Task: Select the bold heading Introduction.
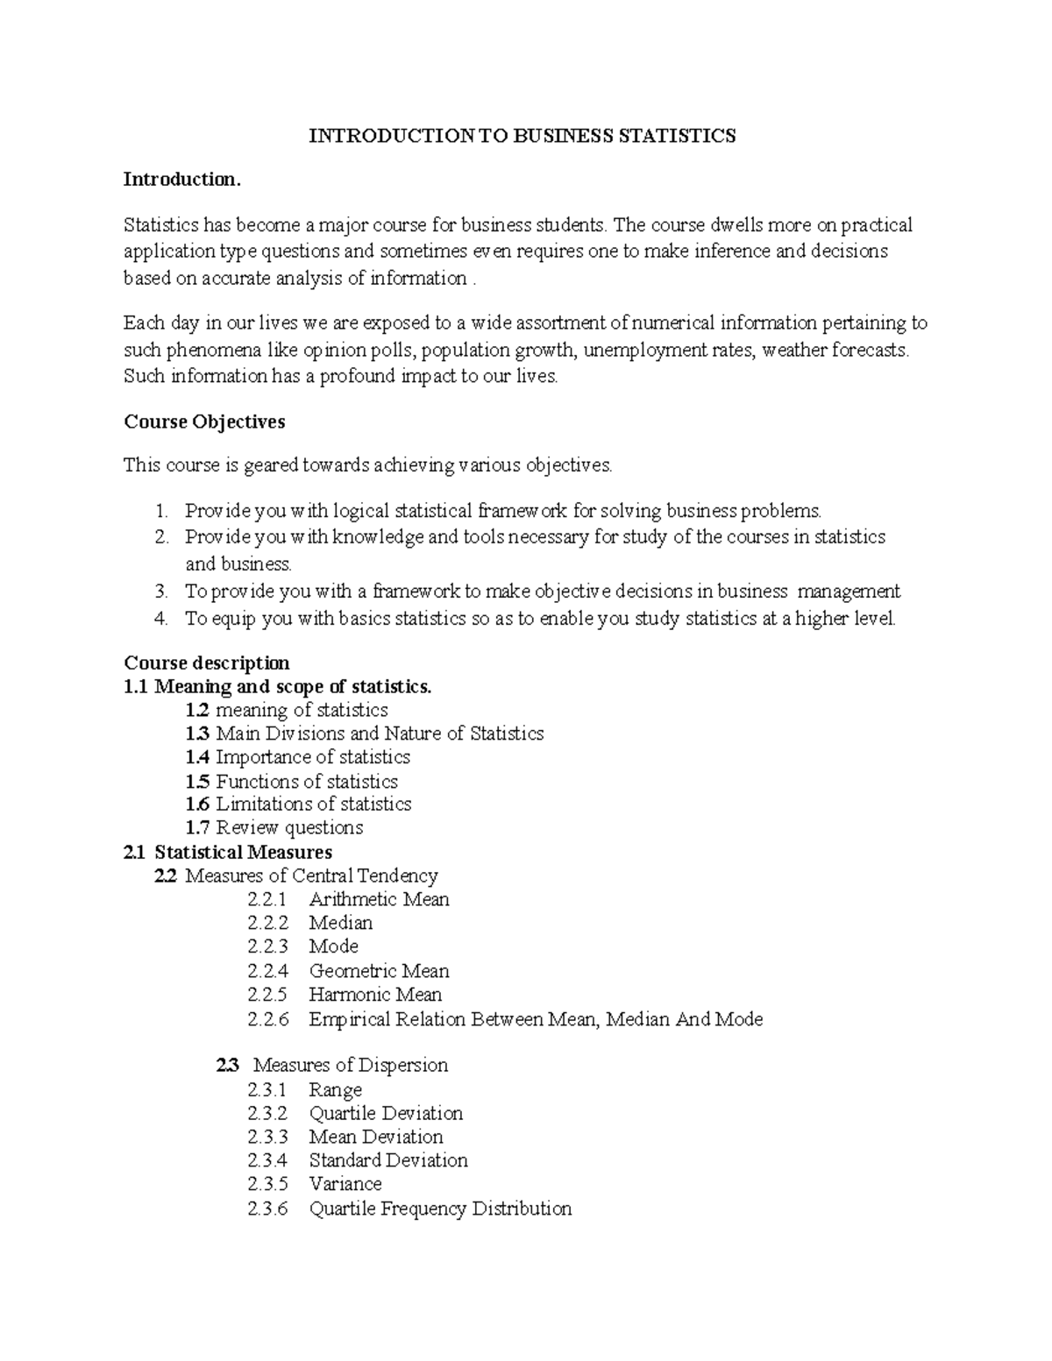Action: (x=181, y=180)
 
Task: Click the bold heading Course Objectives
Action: (x=204, y=422)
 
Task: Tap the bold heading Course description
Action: (x=207, y=663)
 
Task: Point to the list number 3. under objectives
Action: (x=160, y=592)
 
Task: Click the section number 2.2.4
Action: (x=267, y=971)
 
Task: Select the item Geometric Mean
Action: (x=379, y=971)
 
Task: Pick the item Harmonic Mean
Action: (x=375, y=995)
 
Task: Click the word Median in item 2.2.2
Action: (x=341, y=923)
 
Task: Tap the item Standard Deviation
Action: (x=388, y=1160)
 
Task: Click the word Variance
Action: (x=345, y=1184)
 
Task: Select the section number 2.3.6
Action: (x=267, y=1209)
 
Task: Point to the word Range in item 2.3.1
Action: (x=335, y=1090)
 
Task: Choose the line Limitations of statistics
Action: (x=314, y=805)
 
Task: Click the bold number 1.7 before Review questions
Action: (x=198, y=828)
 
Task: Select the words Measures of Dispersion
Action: (x=351, y=1066)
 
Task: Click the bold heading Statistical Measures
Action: (x=244, y=852)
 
